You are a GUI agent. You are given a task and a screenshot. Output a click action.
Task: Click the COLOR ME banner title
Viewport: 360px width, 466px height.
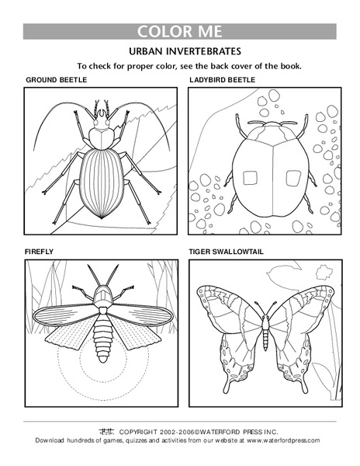(x=179, y=32)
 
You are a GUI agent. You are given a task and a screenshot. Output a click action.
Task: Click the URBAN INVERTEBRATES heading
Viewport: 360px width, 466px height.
(x=179, y=51)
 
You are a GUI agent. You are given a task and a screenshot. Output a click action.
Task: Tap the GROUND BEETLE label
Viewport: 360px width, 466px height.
(x=55, y=80)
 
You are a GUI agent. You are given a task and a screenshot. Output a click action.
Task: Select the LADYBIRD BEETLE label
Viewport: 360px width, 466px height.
(x=223, y=80)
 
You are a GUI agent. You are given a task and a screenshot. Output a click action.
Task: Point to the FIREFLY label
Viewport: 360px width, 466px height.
(x=40, y=251)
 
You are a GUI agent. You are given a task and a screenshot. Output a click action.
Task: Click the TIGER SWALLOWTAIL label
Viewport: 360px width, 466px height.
(x=225, y=251)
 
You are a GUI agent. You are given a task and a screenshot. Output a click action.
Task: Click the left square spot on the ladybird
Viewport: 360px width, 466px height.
(x=249, y=178)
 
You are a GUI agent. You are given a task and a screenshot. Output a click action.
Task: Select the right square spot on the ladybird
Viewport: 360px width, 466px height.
(x=292, y=178)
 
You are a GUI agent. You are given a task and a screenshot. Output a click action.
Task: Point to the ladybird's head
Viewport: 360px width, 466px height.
(x=267, y=125)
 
